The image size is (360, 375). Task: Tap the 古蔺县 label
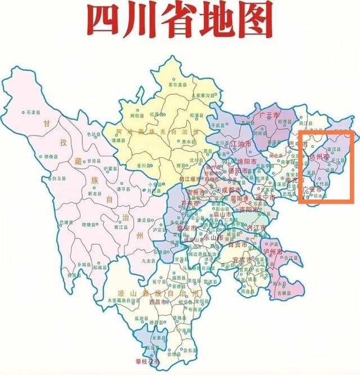pos(283,293)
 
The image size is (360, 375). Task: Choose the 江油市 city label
pos(242,144)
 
